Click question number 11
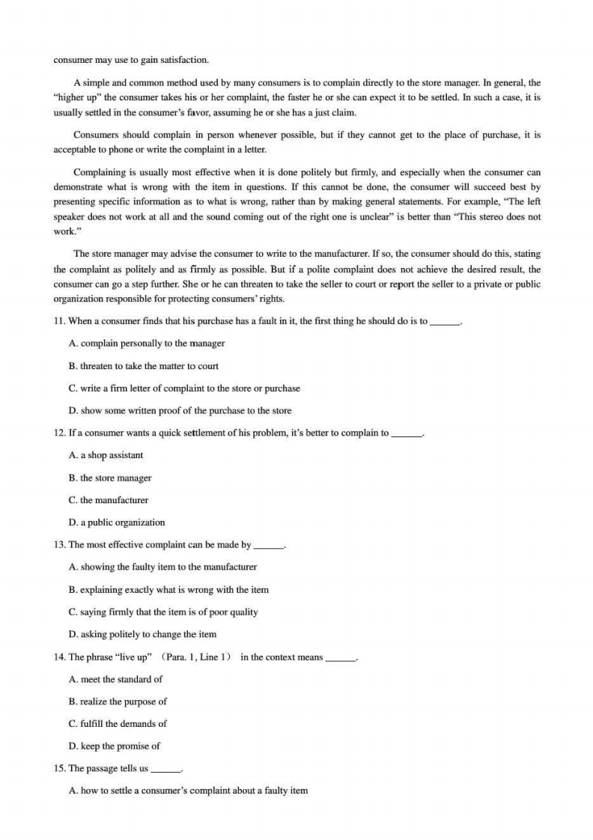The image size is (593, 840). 59,321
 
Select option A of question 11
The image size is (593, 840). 147,344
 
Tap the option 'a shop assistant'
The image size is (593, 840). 106,455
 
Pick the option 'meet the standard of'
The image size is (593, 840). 115,679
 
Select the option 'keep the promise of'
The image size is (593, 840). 114,746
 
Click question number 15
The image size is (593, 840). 59,768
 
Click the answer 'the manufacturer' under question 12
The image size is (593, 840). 109,500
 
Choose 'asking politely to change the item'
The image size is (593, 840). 142,634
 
